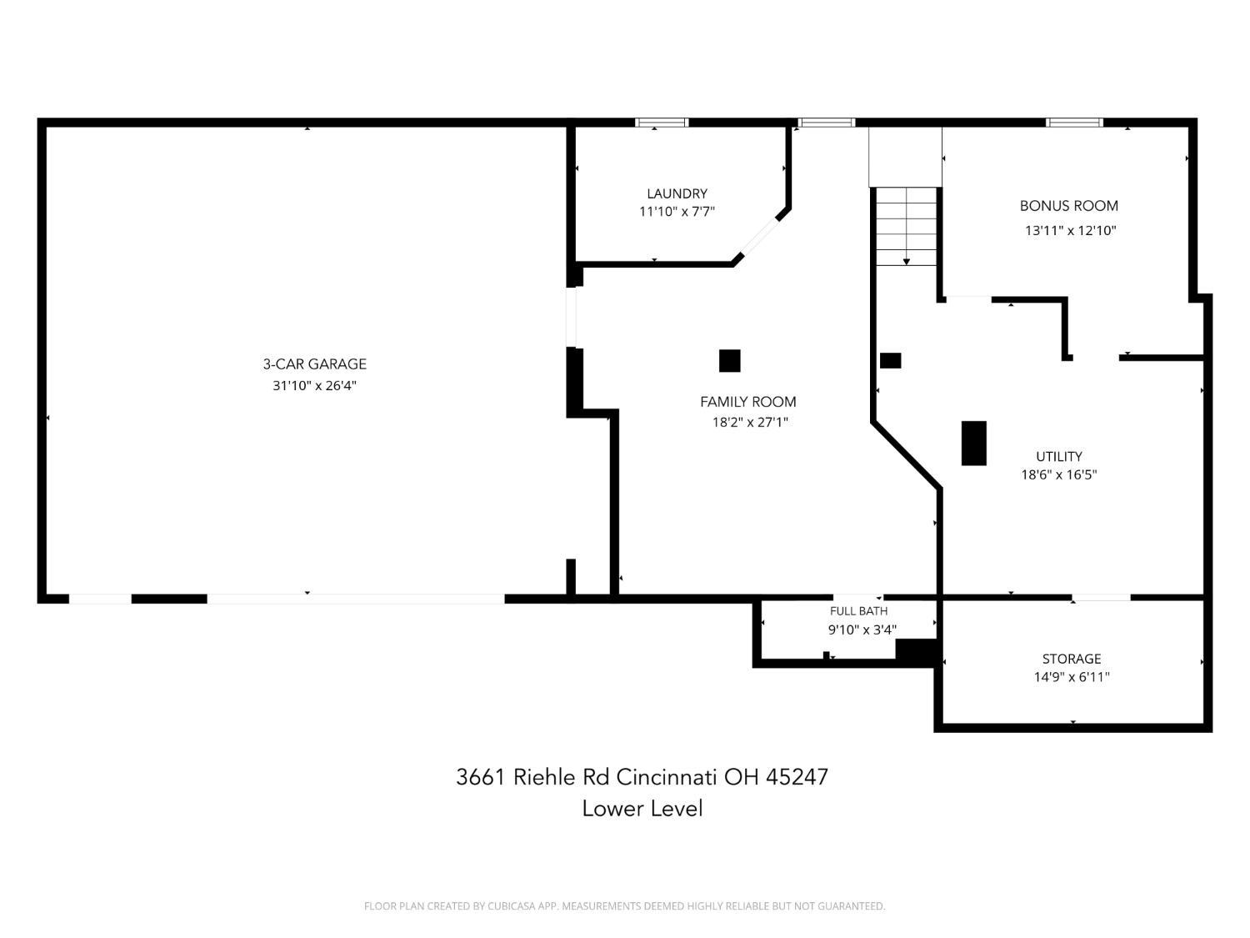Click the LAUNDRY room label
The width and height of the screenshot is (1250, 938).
click(677, 193)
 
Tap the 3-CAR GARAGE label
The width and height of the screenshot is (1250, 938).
click(314, 364)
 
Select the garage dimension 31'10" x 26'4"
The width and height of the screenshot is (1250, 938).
click(314, 385)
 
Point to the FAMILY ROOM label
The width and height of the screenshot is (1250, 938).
click(747, 402)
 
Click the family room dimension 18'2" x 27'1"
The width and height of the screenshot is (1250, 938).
click(750, 422)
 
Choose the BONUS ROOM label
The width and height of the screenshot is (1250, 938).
click(1069, 206)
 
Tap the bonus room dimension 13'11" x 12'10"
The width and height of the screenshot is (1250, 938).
click(1071, 231)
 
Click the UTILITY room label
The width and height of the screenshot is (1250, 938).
click(1058, 456)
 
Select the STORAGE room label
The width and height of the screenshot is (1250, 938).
click(1071, 659)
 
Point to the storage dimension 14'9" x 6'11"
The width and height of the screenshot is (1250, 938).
click(1072, 677)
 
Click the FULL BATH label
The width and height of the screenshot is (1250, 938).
click(858, 611)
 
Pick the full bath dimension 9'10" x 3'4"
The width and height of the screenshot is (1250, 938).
click(862, 630)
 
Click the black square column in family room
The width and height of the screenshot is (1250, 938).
click(729, 360)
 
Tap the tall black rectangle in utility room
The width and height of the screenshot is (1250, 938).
click(974, 443)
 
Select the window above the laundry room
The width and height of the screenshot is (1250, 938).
click(662, 123)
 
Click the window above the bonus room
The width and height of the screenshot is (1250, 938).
click(1074, 123)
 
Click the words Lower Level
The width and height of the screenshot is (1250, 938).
click(642, 809)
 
